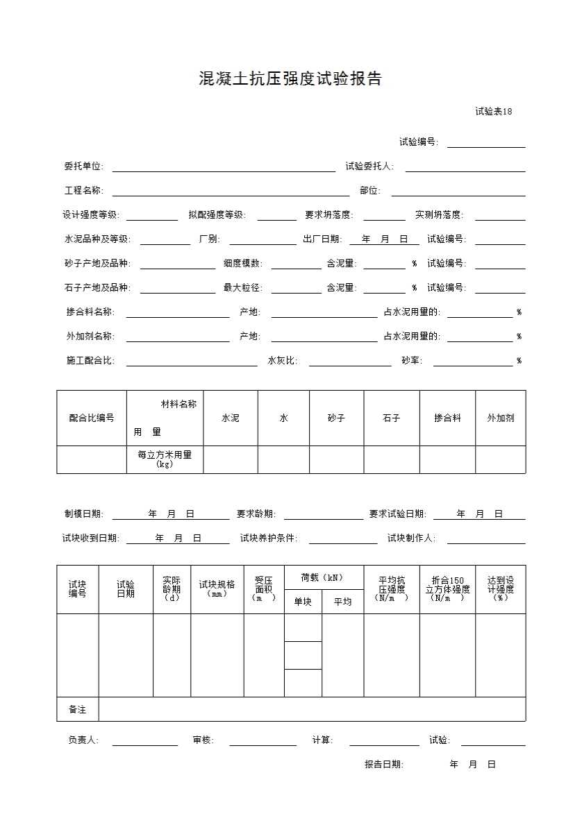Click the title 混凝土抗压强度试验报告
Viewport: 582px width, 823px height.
pyautogui.click(x=290, y=79)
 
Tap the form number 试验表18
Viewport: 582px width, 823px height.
pyautogui.click(x=493, y=112)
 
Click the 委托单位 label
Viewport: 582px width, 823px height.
pyautogui.click(x=83, y=167)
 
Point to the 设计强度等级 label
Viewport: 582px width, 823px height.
pyautogui.click(x=91, y=215)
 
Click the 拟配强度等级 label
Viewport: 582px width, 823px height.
pyautogui.click(x=217, y=215)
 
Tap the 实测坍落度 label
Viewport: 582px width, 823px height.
pyautogui.click(x=439, y=215)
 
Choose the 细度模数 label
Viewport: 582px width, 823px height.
pyautogui.click(x=242, y=264)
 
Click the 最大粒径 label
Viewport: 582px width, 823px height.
pyautogui.click(x=242, y=288)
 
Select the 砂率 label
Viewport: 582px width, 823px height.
pyautogui.click(x=411, y=361)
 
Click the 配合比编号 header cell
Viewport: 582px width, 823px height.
pyautogui.click(x=92, y=418)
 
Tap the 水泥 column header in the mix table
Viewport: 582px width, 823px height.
pyautogui.click(x=230, y=418)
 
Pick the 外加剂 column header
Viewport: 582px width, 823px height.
pyautogui.click(x=500, y=418)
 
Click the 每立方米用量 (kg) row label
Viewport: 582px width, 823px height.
pyautogui.click(x=165, y=459)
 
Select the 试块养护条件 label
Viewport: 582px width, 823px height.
pyautogui.click(x=268, y=538)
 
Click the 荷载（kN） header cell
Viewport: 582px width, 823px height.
pyautogui.click(x=323, y=577)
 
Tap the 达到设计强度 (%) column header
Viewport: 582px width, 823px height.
pyautogui.click(x=500, y=589)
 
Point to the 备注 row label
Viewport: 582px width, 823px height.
pyautogui.click(x=77, y=710)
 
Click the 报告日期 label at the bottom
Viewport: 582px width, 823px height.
pyautogui.click(x=383, y=765)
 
